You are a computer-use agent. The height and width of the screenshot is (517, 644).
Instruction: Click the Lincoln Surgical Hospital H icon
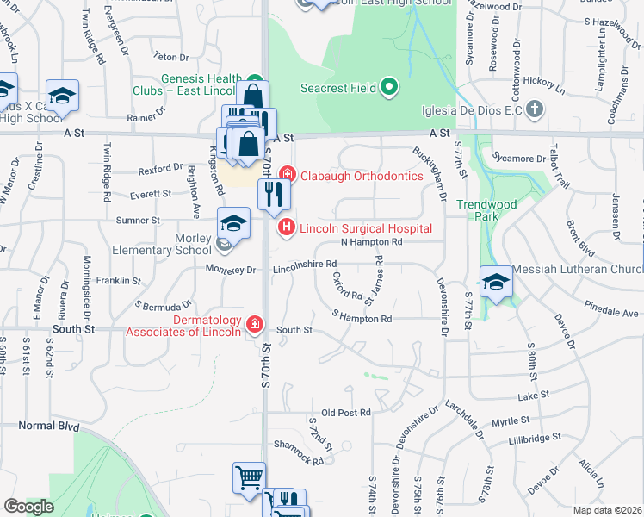[286, 228]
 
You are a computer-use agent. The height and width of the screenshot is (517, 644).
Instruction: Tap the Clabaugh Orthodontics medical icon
[286, 176]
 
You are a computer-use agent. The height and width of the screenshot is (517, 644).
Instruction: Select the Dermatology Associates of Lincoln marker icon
[255, 324]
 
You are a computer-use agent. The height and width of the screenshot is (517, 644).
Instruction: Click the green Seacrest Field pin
[389, 87]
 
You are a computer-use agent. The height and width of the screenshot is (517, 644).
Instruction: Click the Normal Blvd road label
[48, 427]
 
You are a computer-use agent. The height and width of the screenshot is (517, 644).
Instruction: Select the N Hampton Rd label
[372, 242]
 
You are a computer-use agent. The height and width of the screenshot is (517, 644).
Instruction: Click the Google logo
[28, 507]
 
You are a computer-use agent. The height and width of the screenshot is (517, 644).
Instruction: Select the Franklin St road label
[118, 281]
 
